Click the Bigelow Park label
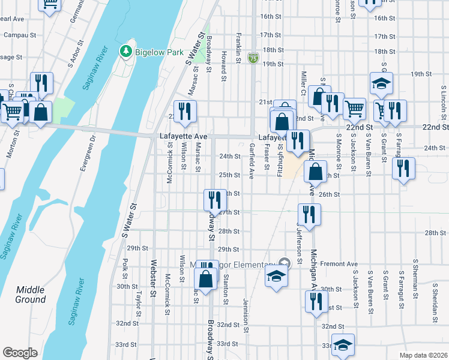[158, 52]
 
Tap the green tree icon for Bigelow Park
[126, 52]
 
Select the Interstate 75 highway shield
[254, 58]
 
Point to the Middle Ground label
[30, 295]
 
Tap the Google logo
[20, 352]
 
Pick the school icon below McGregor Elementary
[276, 277]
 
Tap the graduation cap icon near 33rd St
[343, 345]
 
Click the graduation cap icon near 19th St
[381, 84]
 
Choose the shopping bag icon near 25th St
[315, 172]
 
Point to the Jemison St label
[246, 314]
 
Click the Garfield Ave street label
[252, 161]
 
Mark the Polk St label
[125, 269]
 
